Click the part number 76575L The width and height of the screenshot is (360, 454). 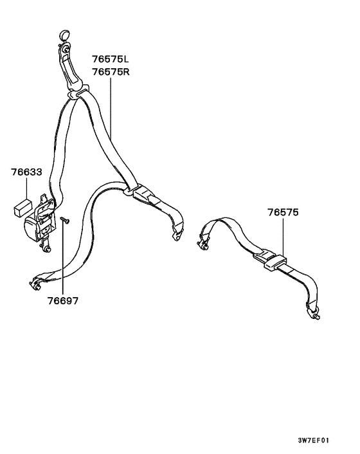coord(111,59)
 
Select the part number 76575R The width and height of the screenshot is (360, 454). coord(111,71)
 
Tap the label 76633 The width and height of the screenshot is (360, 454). coord(26,172)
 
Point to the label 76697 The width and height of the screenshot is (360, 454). coord(63,301)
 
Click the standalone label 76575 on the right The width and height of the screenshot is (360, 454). coord(283,212)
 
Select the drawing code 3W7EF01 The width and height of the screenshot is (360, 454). coord(314,440)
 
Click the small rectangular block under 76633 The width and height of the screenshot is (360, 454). coord(22,207)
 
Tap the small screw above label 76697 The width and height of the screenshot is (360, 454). coord(65,221)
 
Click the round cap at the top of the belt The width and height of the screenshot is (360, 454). coord(65,35)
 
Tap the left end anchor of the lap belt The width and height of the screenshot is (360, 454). coord(203,241)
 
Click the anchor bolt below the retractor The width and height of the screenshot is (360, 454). coord(46,247)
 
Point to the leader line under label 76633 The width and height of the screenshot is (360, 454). coord(26,188)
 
